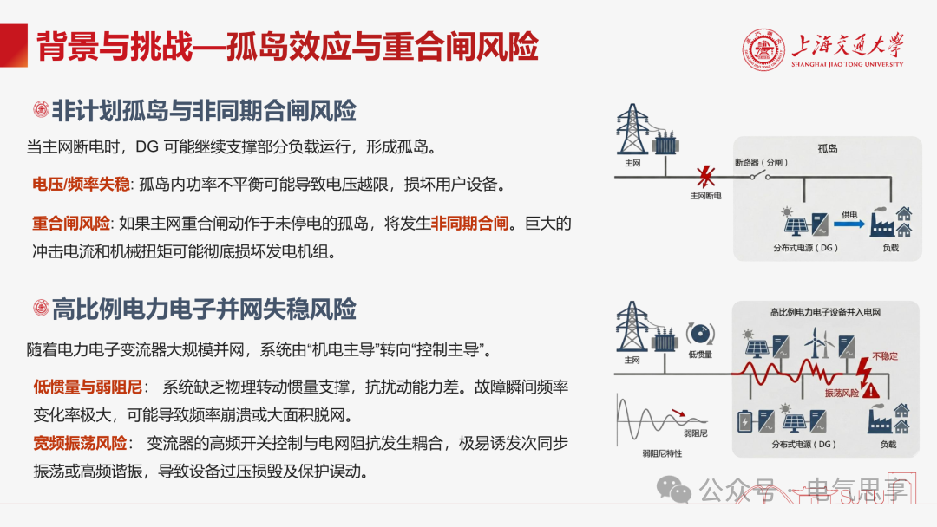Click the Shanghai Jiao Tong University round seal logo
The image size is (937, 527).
tap(763, 50)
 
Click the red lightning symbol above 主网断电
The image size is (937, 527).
tap(705, 177)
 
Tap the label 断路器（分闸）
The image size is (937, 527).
tap(761, 162)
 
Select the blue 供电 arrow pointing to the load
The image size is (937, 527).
tap(849, 224)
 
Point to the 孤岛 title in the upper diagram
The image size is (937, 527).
tap(827, 148)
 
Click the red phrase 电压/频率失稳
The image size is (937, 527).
tap(81, 185)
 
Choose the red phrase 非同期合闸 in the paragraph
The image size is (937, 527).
tap(469, 224)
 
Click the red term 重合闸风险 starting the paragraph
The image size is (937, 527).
tap(71, 224)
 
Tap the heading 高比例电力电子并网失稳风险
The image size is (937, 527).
tap(204, 309)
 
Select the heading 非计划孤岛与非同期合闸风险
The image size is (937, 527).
tap(204, 111)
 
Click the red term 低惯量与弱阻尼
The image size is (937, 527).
tap(88, 387)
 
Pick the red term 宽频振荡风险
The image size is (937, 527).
tap(80, 443)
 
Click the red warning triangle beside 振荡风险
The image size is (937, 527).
tap(871, 391)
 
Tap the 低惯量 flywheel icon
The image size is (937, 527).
tap(700, 334)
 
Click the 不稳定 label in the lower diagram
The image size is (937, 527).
tap(885, 356)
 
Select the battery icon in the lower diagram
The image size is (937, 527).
tap(744, 421)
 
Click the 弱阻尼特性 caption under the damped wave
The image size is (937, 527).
tap(662, 453)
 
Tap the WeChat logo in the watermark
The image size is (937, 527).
tap(673, 490)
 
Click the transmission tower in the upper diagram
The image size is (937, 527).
tap(632, 129)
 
